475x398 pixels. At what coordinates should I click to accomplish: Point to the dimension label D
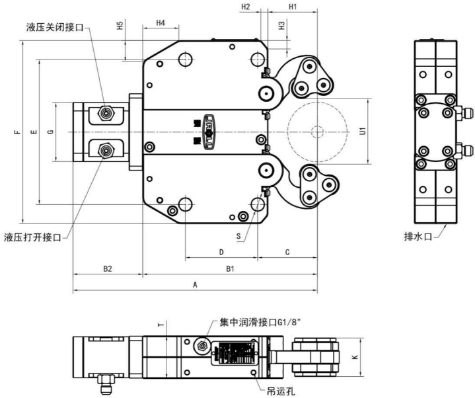tap(221, 252)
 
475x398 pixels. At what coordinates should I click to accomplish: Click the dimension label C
tap(287, 252)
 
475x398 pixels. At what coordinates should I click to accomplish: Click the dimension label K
tap(355, 357)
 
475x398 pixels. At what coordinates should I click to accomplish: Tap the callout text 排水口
tap(418, 236)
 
